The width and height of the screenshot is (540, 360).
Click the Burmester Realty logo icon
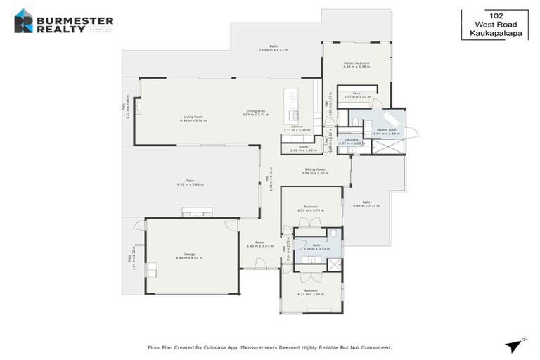click(x=24, y=21)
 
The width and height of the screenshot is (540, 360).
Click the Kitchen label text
click(x=297, y=127)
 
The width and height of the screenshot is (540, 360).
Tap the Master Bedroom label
click(x=356, y=63)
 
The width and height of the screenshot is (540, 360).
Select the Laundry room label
click(x=349, y=141)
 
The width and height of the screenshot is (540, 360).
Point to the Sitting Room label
click(x=314, y=169)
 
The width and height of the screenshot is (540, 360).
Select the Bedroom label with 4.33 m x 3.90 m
click(x=310, y=290)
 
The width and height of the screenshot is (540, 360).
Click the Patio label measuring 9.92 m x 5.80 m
click(x=190, y=181)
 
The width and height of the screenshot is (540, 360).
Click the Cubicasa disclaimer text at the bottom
click(x=269, y=347)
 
